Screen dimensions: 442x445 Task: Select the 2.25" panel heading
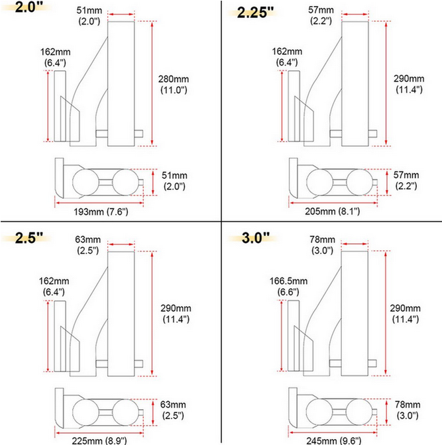[255, 13]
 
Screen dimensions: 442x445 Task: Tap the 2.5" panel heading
[28, 238]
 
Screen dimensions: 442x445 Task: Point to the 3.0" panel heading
[256, 238]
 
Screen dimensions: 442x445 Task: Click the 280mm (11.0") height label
[173, 84]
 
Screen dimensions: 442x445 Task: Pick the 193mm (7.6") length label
[101, 211]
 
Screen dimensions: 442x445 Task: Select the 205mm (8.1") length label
[333, 211]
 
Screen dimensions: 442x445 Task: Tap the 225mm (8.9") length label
[99, 440]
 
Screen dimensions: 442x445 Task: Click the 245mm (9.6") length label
[333, 440]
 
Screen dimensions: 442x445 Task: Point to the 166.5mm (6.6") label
[288, 286]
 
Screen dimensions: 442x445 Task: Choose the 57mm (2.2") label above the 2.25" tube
[321, 15]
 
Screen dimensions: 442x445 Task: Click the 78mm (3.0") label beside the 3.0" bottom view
[408, 410]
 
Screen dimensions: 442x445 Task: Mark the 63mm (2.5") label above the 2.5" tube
[87, 244]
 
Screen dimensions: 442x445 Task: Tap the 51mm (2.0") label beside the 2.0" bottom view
[174, 181]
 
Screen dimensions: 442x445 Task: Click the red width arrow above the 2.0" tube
[121, 14]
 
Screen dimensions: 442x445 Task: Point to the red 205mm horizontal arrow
[333, 203]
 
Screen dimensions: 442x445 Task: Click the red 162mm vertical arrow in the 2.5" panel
[48, 336]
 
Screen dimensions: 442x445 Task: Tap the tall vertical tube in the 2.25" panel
[355, 83]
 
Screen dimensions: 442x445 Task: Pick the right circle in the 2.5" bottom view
[125, 412]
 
